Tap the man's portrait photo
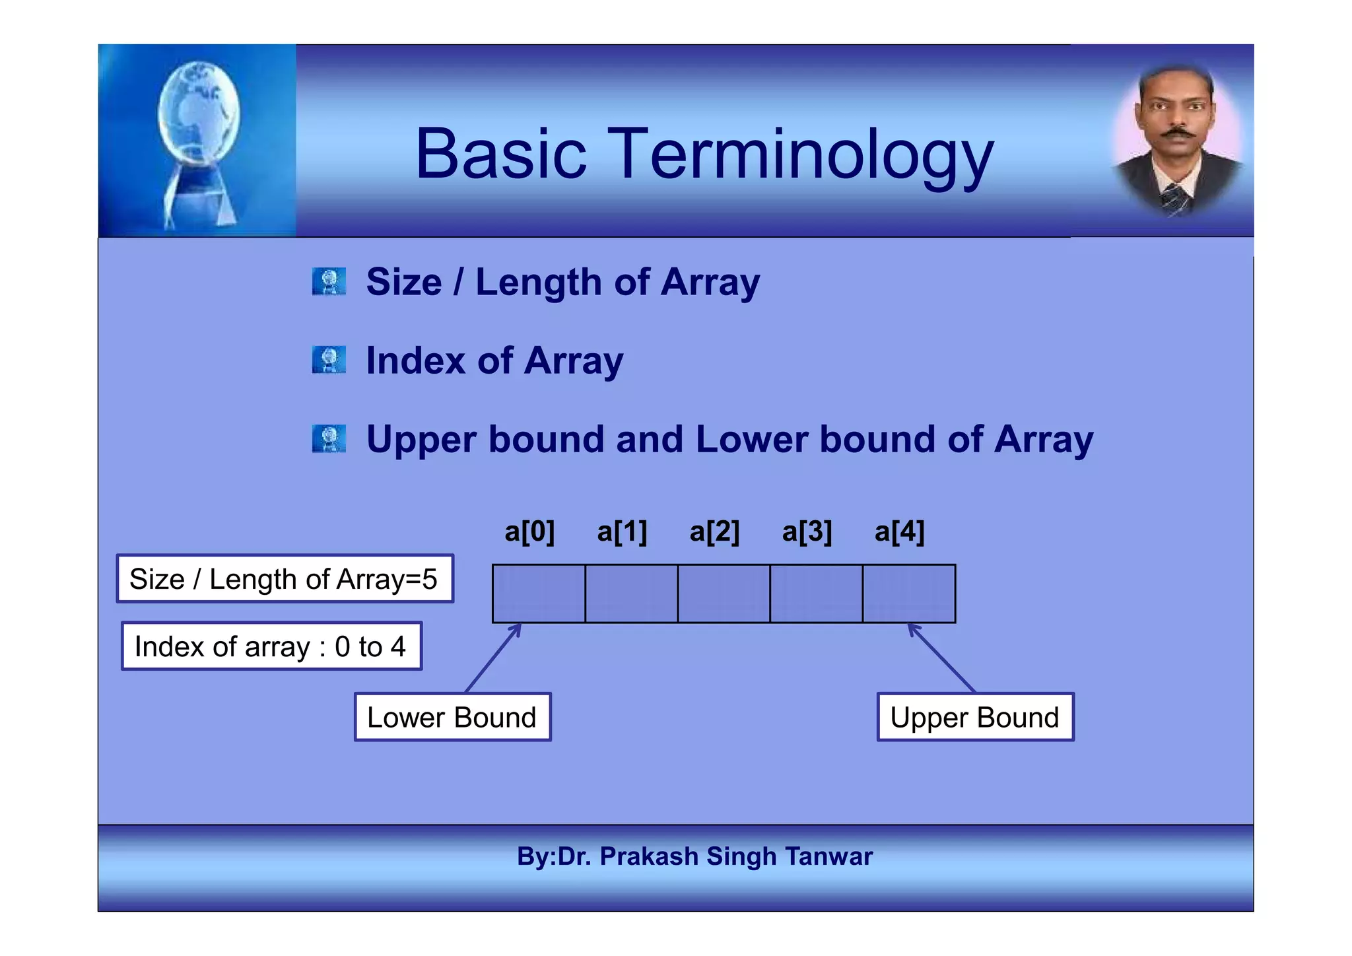point(1177,141)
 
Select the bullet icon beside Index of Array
point(329,360)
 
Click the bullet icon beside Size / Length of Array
point(329,282)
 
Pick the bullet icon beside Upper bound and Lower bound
point(329,439)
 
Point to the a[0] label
point(529,531)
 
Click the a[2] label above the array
point(714,531)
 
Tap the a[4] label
point(899,531)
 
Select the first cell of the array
point(539,594)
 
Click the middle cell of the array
point(724,594)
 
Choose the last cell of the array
point(908,594)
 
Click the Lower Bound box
point(452,717)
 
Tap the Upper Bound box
point(975,717)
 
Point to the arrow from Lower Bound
point(494,658)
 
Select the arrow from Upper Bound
point(941,657)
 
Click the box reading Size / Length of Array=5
point(285,579)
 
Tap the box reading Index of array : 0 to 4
point(271,646)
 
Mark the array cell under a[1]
point(631,594)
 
